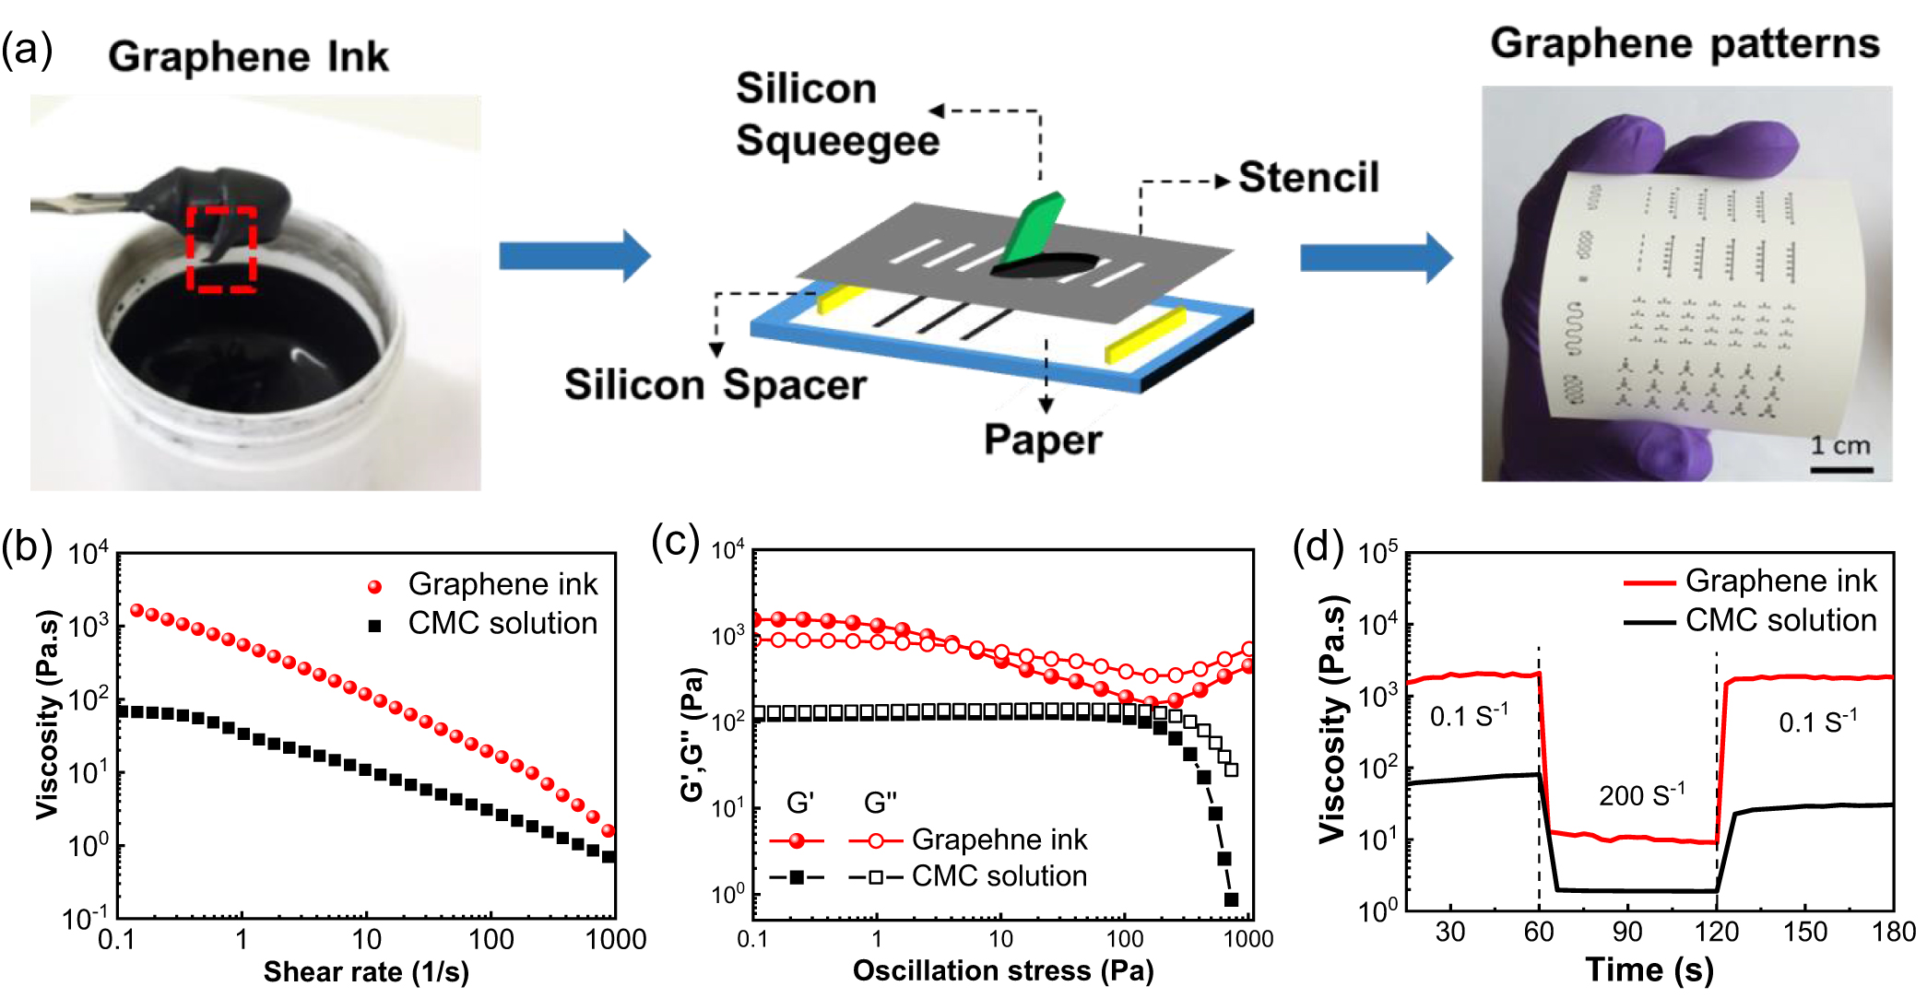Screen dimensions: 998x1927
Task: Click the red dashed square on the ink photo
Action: click(221, 249)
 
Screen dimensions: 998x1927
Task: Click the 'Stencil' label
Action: click(1307, 177)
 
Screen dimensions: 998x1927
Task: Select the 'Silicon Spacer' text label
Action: click(715, 384)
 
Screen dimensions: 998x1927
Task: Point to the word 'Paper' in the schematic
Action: click(1042, 440)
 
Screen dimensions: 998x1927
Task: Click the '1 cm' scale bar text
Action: click(1839, 446)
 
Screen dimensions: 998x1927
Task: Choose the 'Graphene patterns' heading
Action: click(1685, 43)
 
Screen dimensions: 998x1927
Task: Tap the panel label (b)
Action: click(26, 546)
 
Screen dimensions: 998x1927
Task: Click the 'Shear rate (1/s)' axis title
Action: click(366, 971)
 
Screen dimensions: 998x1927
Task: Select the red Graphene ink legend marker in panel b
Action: click(374, 586)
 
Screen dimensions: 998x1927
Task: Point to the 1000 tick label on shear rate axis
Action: click(615, 940)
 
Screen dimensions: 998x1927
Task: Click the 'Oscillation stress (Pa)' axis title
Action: click(1003, 970)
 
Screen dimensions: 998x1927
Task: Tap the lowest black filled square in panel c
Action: click(1231, 899)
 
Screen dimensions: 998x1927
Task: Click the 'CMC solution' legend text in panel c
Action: click(999, 875)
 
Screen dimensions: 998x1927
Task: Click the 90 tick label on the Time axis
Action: click(1627, 933)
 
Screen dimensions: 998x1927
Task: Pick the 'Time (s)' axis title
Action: click(1649, 969)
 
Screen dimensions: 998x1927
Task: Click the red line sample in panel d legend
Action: click(1649, 582)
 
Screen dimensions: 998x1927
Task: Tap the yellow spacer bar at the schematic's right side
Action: click(1145, 336)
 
